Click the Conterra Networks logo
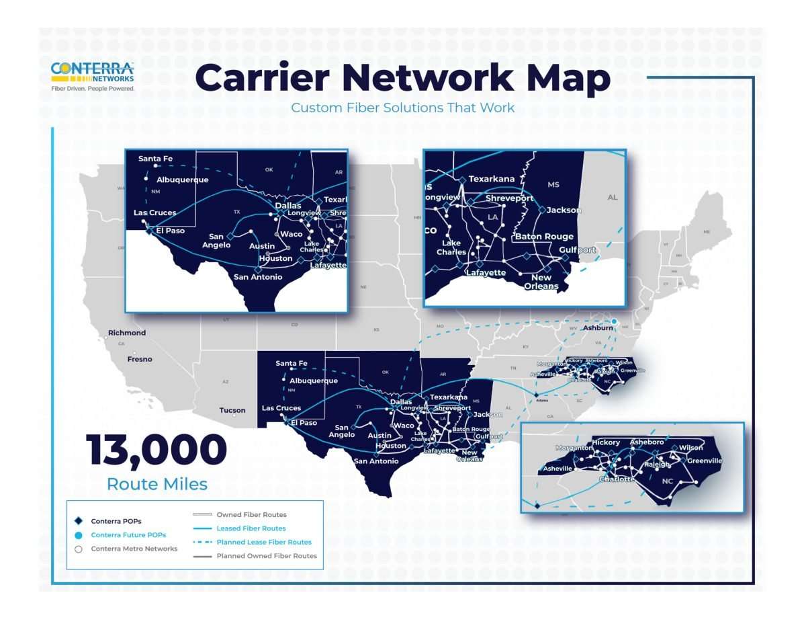pyautogui.click(x=93, y=76)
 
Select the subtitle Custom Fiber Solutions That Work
pyautogui.click(x=403, y=108)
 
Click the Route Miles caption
pyautogui.click(x=156, y=483)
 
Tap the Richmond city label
pyautogui.click(x=128, y=333)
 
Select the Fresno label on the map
pyautogui.click(x=140, y=359)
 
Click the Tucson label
pyautogui.click(x=232, y=410)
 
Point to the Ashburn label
pyautogui.click(x=598, y=328)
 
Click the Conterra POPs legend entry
pyautogui.click(x=116, y=520)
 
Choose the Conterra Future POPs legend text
pyautogui.click(x=128, y=534)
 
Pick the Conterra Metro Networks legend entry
pyautogui.click(x=134, y=549)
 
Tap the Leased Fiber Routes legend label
pyautogui.click(x=251, y=528)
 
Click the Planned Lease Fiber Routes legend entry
pyautogui.click(x=264, y=542)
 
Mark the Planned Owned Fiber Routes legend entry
pyautogui.click(x=267, y=556)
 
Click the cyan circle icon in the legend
pyautogui.click(x=78, y=535)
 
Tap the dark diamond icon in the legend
pyautogui.click(x=78, y=520)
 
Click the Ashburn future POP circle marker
pyautogui.click(x=613, y=321)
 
